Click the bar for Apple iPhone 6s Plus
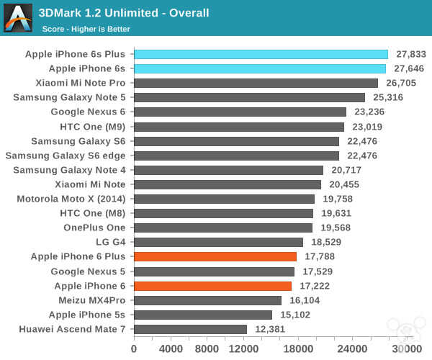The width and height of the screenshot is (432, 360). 261,54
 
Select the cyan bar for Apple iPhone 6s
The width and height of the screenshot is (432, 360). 259,68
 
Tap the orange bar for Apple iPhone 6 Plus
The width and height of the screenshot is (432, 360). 215,256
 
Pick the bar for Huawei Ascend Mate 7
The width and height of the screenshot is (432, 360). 190,329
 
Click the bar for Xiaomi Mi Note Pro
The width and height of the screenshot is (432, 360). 256,83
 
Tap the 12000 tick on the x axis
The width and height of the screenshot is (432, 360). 243,348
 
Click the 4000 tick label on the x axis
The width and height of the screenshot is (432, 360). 171,348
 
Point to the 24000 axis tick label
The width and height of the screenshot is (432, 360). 353,348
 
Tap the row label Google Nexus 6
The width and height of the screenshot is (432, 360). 88,112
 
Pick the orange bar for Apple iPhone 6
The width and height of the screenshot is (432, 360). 212,286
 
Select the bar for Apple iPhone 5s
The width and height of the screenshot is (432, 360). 202,315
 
